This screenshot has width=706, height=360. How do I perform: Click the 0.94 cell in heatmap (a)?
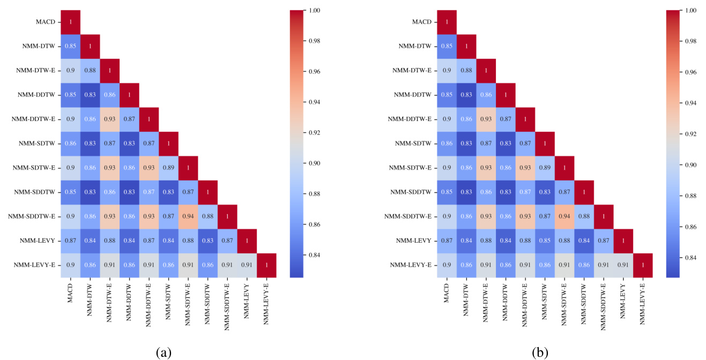click(x=188, y=217)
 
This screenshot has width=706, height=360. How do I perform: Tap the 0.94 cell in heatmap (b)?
click(x=564, y=217)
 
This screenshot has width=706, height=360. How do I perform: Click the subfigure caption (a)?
click(x=164, y=352)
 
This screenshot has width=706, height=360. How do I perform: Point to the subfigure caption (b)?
click(x=540, y=352)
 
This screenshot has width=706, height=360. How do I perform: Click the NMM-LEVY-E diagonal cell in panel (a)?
click(x=266, y=266)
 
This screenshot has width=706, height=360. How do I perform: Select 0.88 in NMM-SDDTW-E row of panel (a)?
click(x=208, y=217)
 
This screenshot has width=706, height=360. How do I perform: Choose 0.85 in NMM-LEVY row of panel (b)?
click(x=545, y=241)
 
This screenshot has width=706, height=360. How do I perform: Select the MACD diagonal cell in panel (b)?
click(x=447, y=22)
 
